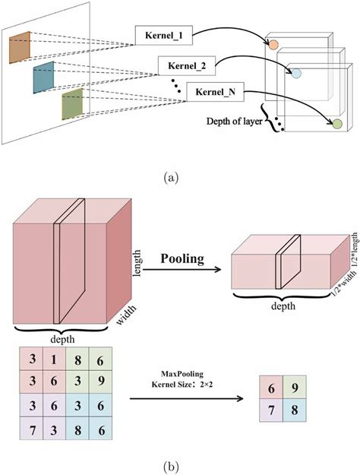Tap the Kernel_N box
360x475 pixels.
(x=215, y=93)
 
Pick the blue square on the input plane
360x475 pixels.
(x=44, y=78)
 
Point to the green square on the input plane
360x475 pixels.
(x=72, y=104)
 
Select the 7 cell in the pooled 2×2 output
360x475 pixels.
(x=270, y=411)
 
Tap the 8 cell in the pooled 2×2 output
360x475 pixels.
(x=293, y=411)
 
